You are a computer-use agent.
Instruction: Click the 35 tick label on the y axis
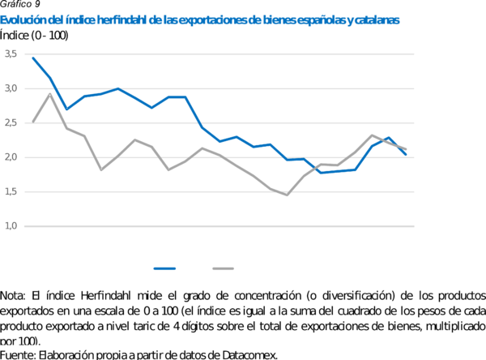(x=11, y=54)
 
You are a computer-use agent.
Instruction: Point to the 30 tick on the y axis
(x=11, y=88)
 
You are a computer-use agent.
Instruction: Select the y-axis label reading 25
(x=11, y=123)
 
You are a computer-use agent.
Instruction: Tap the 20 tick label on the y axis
(x=11, y=157)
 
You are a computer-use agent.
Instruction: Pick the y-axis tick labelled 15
(x=11, y=192)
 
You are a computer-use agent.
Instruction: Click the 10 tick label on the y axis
(x=11, y=226)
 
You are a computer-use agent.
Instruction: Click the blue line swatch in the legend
(x=164, y=268)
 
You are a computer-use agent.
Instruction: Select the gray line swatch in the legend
(x=224, y=268)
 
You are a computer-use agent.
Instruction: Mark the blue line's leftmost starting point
(x=32, y=58)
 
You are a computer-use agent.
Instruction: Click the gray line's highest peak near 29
(x=50, y=94)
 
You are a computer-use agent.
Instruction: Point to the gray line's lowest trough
(x=288, y=195)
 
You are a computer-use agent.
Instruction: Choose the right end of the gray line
(x=407, y=149)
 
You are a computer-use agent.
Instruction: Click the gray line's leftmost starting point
(x=32, y=122)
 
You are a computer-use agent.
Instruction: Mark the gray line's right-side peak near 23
(x=371, y=135)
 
